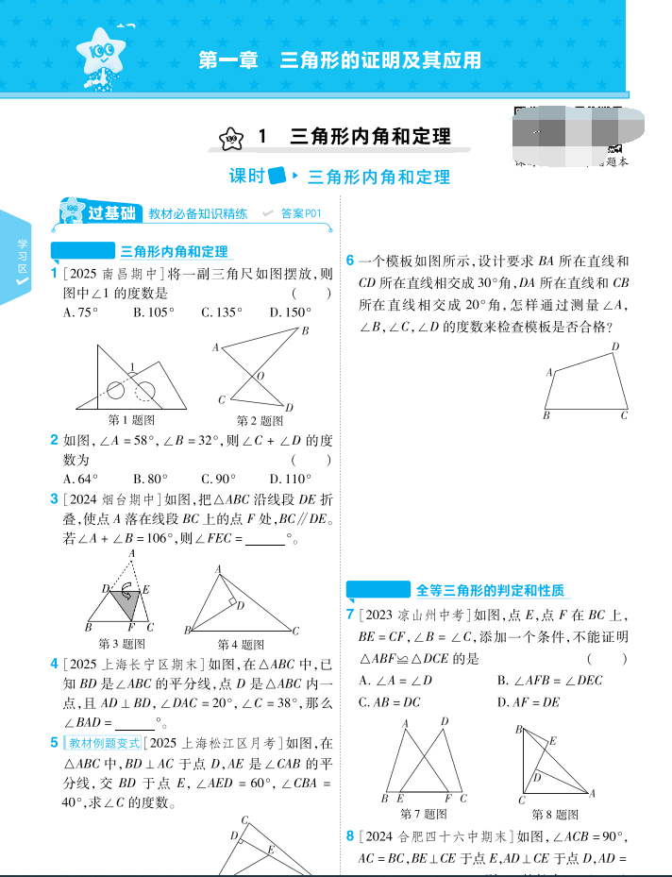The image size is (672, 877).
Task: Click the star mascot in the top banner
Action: pos(102,57)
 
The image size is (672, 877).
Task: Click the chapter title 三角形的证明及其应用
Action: pos(340,60)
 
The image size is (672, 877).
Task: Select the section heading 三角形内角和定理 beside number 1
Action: pos(370,137)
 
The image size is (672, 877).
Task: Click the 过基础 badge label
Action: pos(111,213)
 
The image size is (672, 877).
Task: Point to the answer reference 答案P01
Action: pos(301,214)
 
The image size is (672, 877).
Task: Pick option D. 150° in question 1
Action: pos(290,312)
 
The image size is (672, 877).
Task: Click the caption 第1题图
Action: pos(132,420)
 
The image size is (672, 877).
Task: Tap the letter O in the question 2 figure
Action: pos(260,376)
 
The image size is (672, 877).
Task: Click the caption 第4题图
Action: pos(241,645)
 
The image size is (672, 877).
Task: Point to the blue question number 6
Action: pos(350,261)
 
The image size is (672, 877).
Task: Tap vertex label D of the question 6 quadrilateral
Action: pos(615,347)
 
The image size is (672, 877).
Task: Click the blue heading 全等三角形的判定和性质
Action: pos(490,591)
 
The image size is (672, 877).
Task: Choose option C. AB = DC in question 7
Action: pos(390,702)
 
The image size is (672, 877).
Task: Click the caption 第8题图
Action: pos(555,814)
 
